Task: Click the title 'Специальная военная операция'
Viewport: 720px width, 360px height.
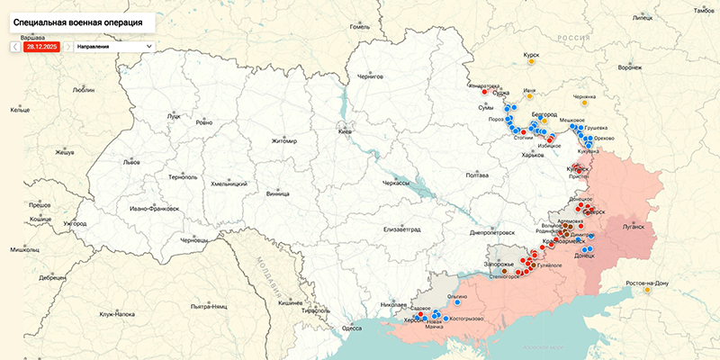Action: coord(78,19)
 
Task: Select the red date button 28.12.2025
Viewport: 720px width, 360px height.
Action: coord(41,46)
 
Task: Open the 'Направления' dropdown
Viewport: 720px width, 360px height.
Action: coord(114,46)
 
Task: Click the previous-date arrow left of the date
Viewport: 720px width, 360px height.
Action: coord(15,46)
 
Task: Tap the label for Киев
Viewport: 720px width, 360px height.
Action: coord(345,132)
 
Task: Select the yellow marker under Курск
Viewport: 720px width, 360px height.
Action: coord(531,62)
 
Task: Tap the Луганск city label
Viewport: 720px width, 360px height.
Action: coord(634,226)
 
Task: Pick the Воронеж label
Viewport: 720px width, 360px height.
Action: coord(631,67)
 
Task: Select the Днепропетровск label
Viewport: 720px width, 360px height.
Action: coord(492,232)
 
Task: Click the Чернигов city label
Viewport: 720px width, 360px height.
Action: coord(370,76)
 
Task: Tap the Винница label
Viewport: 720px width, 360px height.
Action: coord(279,193)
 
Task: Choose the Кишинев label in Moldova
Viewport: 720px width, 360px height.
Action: coord(292,303)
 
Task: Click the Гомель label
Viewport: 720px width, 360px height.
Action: coord(360,26)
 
